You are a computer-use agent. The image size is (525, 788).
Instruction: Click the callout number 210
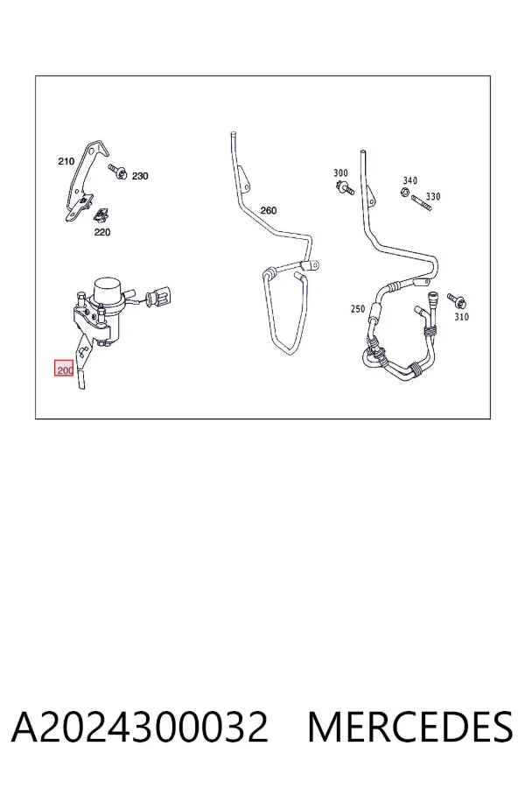66,161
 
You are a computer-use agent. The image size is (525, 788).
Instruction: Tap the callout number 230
140,176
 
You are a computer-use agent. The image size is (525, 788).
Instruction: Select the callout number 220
102,232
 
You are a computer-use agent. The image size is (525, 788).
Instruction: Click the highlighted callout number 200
65,370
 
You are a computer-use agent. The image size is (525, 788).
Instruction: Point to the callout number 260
269,210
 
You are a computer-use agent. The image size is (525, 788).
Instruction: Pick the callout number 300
340,172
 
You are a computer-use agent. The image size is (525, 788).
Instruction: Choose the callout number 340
410,180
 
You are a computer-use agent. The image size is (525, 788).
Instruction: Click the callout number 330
433,196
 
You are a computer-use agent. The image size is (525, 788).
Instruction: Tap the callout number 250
358,308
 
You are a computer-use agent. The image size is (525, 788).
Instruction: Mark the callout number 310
462,317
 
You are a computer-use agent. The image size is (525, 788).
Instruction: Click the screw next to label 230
117,171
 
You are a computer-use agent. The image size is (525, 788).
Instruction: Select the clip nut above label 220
102,215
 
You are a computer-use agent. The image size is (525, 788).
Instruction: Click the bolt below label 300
345,189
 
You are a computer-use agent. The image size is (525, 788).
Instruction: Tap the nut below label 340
405,192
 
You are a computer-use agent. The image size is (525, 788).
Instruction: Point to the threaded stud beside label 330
422,203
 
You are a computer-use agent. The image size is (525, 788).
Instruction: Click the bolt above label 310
457,300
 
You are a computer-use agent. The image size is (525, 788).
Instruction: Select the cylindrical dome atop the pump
108,288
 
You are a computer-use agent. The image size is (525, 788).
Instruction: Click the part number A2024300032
140,727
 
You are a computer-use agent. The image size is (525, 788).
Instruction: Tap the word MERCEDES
410,727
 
